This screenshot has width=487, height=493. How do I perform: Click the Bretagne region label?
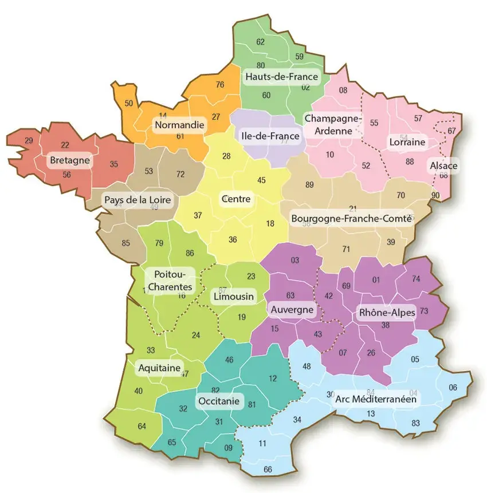[69, 160]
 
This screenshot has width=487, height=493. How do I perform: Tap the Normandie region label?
[179, 124]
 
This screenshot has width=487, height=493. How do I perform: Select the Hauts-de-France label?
[281, 77]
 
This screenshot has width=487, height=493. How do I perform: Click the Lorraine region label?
[407, 141]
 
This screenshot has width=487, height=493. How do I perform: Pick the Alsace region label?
[443, 166]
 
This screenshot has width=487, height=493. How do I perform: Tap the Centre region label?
[235, 199]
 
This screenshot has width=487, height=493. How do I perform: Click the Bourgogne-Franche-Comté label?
[351, 218]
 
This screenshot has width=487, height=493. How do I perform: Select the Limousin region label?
[233, 297]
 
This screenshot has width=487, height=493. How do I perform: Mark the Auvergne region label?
[292, 310]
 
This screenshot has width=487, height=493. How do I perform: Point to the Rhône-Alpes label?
[386, 313]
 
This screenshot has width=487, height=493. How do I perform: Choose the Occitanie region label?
[219, 401]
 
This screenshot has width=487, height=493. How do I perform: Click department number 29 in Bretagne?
[29, 140]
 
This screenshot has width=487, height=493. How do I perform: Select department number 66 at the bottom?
[268, 470]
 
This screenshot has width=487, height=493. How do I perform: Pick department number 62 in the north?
[261, 42]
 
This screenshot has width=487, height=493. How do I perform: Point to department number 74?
[416, 279]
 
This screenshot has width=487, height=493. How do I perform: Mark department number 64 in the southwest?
[142, 426]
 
